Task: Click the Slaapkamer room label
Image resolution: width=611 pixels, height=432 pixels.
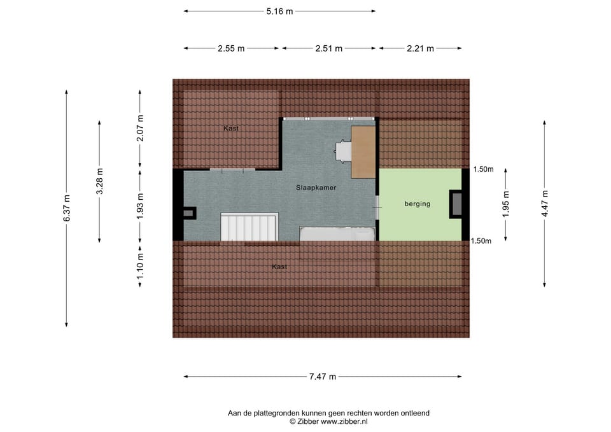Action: coord(316,188)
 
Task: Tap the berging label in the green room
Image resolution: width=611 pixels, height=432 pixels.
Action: coord(418,204)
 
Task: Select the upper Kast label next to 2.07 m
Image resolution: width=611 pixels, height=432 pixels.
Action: coord(231,129)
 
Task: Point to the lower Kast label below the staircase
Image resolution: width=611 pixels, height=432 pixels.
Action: coord(279,267)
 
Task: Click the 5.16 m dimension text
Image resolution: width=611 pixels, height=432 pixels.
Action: coord(279,11)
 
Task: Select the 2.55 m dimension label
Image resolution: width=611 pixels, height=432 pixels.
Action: coord(231,48)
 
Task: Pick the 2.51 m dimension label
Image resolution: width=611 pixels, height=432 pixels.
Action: coord(329,48)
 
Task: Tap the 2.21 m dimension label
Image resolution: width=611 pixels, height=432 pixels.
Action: coord(420,48)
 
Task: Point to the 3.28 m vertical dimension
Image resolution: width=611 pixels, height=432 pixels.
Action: coord(99,181)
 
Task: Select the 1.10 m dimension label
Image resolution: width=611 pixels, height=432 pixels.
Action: coord(141,265)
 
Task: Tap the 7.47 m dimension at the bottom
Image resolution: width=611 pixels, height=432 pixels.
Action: coord(323,377)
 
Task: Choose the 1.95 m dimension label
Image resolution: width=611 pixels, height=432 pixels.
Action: coord(506,204)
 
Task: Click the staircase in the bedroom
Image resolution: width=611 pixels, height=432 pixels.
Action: coord(249,227)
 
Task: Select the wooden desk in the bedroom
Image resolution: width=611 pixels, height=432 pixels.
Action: coord(363,152)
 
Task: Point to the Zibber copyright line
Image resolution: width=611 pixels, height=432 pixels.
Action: coord(328,421)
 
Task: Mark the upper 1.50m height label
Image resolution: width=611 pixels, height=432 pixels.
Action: coord(483,169)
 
